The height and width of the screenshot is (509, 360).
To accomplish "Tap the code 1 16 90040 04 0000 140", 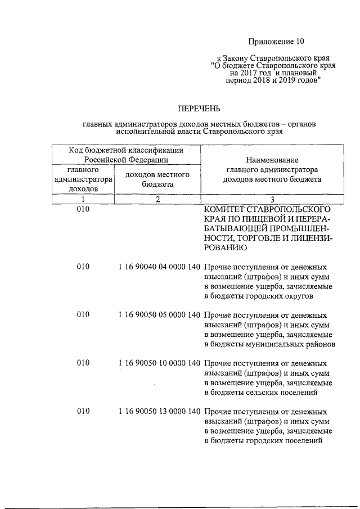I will click(160, 268).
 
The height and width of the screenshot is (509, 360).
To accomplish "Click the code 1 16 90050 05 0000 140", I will click(160, 315).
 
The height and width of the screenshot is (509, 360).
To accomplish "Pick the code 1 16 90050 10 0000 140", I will click(160, 363).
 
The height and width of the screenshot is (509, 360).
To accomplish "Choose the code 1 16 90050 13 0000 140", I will click(160, 411).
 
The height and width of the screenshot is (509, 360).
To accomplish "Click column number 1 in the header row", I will click(83, 199).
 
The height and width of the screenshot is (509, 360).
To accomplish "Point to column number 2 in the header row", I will click(158, 199).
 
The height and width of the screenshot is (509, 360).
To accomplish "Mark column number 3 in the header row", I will click(272, 199).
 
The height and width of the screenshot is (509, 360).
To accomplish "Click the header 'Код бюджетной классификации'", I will click(126, 150).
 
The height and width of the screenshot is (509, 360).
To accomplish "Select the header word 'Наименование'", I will click(272, 160).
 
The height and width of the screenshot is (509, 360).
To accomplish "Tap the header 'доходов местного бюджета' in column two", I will click(157, 179).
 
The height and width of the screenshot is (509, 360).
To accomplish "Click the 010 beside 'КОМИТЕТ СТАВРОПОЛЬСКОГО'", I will click(83, 209).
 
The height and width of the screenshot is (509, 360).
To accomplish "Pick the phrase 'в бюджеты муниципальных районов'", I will click(269, 344).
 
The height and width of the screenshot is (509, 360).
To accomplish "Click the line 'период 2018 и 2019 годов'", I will click(273, 80).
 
